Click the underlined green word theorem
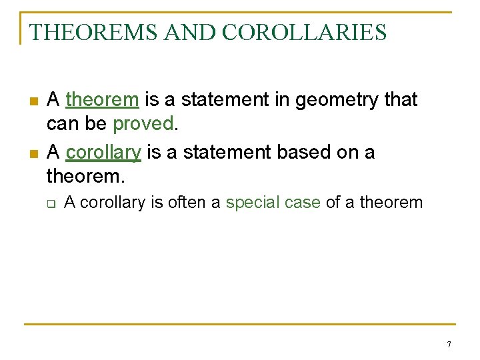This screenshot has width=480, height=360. pos(102,100)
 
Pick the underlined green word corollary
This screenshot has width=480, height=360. pos(103,153)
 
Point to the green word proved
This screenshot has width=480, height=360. pos(143,124)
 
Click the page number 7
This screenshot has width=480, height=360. pos(449,345)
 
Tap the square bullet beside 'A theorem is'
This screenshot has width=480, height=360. pos(33,101)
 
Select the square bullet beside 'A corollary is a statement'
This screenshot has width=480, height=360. pos(33,154)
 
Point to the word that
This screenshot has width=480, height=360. pos(399,100)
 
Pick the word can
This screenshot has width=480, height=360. pos(62,124)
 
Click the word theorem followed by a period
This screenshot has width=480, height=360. pos(85,177)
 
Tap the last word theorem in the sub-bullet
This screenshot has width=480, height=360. pos(391,203)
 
